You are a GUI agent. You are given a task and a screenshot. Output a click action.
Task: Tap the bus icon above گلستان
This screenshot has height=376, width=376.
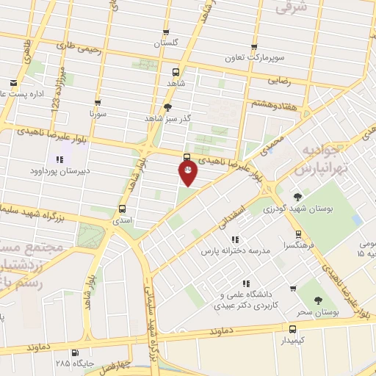coord(166,32)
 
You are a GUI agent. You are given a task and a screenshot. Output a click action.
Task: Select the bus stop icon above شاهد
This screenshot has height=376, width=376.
coord(176,73)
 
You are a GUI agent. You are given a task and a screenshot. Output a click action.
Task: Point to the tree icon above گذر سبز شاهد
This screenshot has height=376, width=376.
coord(167,106)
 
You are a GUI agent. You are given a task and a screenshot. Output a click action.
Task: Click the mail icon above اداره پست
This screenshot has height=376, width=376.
coord(13,83)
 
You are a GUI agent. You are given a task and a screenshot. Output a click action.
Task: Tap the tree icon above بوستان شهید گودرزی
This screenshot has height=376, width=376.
coord(297,197)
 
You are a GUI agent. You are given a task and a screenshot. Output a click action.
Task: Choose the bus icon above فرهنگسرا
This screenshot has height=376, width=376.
coord(297,235)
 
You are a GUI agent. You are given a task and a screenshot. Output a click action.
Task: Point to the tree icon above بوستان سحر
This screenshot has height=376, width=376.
coord(317,300)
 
